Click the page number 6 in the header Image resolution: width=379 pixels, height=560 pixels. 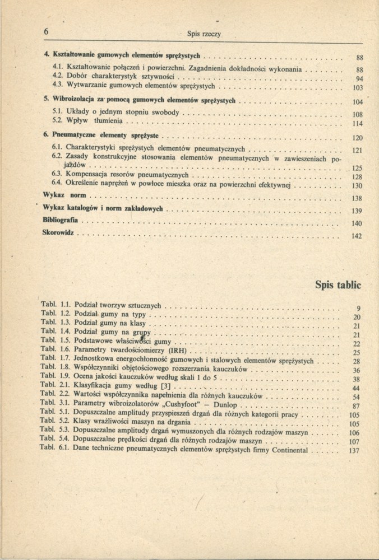click(x=45, y=32)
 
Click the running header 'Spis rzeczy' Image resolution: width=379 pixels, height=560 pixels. click(x=204, y=34)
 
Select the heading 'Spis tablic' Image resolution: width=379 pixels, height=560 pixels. click(x=339, y=285)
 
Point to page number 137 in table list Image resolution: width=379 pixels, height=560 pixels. click(x=353, y=451)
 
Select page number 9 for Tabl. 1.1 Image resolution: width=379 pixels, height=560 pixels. click(x=357, y=309)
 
